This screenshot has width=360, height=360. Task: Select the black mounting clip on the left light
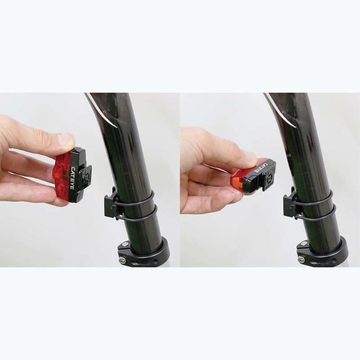click(85, 176)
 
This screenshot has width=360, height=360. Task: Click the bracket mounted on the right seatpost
click(291, 205)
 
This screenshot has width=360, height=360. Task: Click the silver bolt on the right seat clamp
click(301, 260)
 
